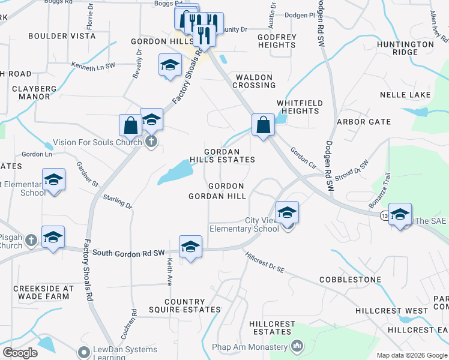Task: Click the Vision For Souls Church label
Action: pyautogui.click(x=97, y=143)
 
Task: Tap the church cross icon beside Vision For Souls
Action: pyautogui.click(x=151, y=142)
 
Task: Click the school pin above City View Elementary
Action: pyautogui.click(x=287, y=213)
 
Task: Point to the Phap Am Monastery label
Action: pyautogui.click(x=250, y=347)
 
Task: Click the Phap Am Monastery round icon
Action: pyautogui.click(x=297, y=346)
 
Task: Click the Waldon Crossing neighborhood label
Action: pyautogui.click(x=255, y=81)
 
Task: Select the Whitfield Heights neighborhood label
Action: pyautogui.click(x=299, y=107)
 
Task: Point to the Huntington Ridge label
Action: pyautogui.click(x=405, y=48)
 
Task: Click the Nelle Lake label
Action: pyautogui.click(x=405, y=95)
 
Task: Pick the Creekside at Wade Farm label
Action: pyautogui.click(x=43, y=292)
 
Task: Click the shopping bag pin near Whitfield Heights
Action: pyautogui.click(x=262, y=125)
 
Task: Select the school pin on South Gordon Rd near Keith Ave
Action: pyautogui.click(x=190, y=247)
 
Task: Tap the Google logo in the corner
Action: pyautogui.click(x=20, y=353)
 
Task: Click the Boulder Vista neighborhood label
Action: pyautogui.click(x=62, y=36)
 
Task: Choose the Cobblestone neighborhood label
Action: pyautogui.click(x=350, y=280)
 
